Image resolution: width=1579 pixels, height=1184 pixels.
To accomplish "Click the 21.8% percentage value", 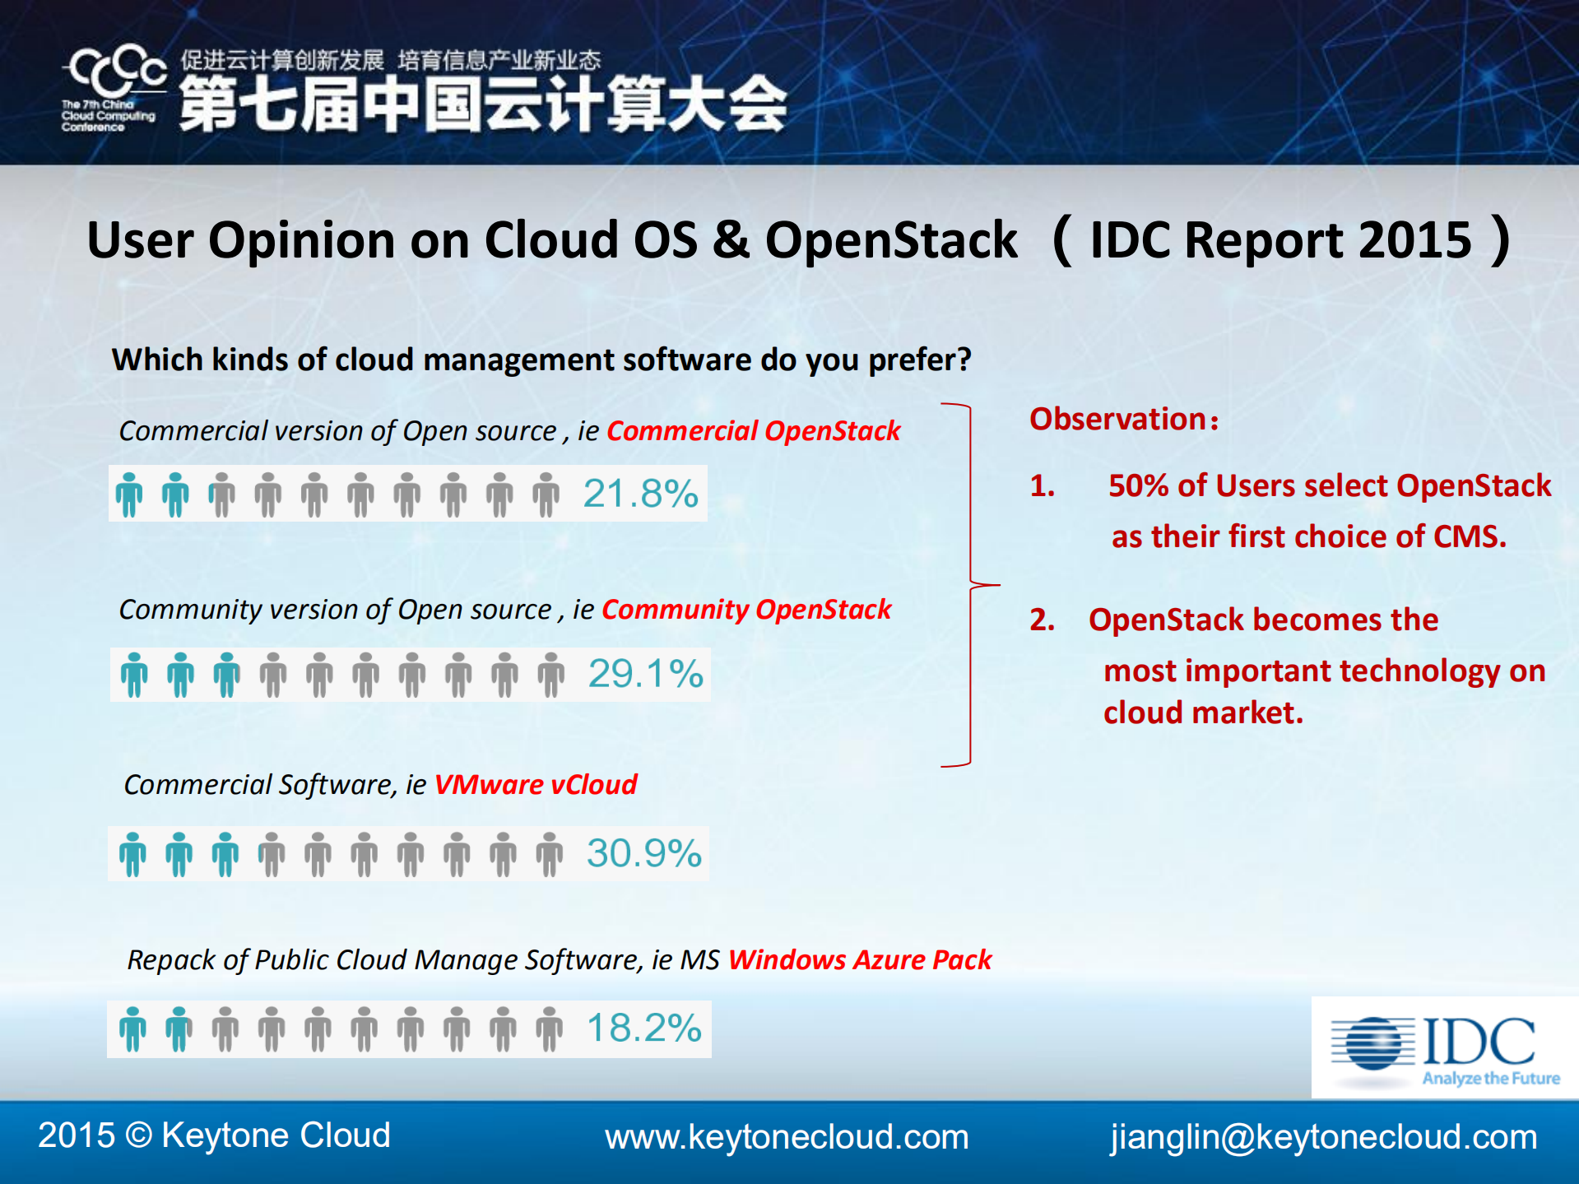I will click(640, 494).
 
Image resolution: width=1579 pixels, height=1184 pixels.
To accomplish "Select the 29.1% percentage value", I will click(645, 673).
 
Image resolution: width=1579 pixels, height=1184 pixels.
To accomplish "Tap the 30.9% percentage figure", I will click(643, 853).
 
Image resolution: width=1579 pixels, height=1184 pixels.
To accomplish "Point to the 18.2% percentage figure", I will click(643, 1028).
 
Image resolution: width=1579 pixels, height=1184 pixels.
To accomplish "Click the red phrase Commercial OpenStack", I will click(753, 431).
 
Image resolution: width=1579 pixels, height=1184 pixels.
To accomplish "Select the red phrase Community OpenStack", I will click(745, 610).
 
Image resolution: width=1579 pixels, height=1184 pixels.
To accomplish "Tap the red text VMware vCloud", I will click(536, 785).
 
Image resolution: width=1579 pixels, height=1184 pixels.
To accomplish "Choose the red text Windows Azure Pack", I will click(860, 960).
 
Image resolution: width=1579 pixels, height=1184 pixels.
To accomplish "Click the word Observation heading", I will click(1119, 420).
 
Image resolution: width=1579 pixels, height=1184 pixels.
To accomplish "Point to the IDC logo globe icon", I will click(1373, 1042).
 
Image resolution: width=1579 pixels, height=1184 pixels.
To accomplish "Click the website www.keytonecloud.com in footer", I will click(787, 1137).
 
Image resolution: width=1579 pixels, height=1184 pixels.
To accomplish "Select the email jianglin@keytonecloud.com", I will click(1323, 1137).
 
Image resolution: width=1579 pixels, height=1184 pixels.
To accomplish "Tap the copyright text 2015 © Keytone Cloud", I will click(214, 1135).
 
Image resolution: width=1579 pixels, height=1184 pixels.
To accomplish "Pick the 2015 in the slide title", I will click(1414, 240).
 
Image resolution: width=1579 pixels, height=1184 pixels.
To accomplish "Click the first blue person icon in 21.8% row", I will click(129, 494).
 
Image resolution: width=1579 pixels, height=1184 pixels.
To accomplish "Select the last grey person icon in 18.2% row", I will click(550, 1028).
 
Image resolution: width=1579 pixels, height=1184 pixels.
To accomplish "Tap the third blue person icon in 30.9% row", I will click(225, 854).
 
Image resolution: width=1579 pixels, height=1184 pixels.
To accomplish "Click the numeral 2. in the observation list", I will click(1042, 620).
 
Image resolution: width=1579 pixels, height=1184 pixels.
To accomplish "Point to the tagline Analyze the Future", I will click(1491, 1079).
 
